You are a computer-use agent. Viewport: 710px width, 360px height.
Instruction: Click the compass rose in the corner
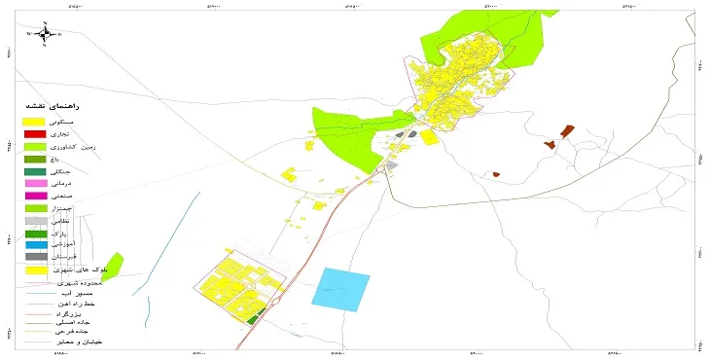[44, 33]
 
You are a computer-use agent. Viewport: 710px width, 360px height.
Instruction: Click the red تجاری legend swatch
[35, 133]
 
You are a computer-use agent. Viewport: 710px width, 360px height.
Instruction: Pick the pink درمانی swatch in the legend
[35, 184]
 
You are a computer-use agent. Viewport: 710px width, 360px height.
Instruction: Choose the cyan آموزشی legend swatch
[35, 245]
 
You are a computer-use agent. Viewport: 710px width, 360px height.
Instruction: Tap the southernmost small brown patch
[496, 175]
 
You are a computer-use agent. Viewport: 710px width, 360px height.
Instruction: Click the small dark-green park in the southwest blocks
[256, 317]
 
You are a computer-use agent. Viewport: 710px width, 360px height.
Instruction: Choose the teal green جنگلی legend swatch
[35, 171]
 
